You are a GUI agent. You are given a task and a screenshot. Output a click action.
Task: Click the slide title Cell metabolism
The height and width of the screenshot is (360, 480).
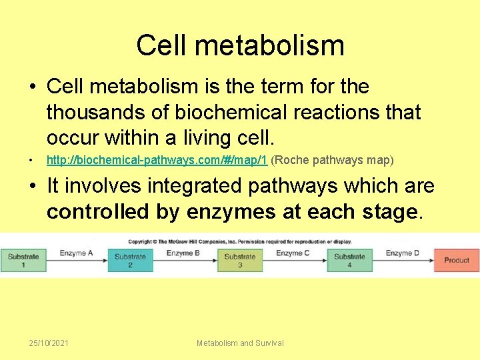click(240, 45)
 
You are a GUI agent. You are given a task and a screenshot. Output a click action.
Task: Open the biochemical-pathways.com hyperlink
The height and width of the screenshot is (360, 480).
click(157, 161)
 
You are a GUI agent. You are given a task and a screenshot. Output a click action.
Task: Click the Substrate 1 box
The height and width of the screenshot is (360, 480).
click(23, 260)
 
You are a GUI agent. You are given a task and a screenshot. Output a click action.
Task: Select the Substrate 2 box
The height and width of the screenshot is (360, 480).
click(130, 260)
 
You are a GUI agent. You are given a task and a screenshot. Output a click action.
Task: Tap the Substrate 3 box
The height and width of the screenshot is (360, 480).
click(239, 260)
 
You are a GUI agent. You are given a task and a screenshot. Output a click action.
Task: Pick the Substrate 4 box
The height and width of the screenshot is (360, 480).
click(349, 260)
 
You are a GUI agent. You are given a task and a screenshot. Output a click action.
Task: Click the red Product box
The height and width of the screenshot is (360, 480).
click(457, 260)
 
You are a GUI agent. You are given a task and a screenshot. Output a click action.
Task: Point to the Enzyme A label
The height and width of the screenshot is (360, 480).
click(76, 253)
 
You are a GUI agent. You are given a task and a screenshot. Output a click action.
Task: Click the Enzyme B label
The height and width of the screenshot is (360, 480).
click(183, 253)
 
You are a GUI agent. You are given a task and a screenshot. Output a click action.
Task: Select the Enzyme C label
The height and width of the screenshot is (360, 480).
click(293, 253)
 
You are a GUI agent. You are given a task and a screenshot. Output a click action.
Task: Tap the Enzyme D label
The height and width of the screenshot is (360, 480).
click(403, 253)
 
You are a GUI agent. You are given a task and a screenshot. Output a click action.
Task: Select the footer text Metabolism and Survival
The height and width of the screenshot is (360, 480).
click(240, 343)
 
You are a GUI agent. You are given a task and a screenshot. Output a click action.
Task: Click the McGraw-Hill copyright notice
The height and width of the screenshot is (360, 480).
click(240, 240)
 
